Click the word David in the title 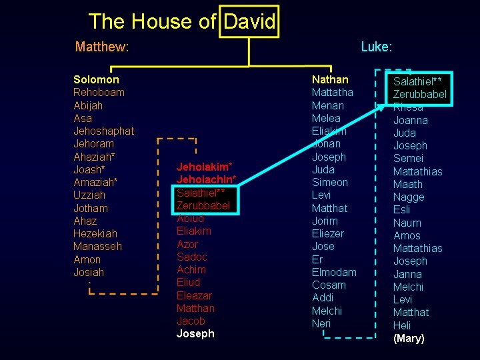click(x=250, y=22)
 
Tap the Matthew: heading click(x=102, y=47)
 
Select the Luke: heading click(x=376, y=47)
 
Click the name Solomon click(x=96, y=79)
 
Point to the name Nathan click(x=330, y=79)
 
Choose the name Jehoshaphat click(x=103, y=131)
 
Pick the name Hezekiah click(x=95, y=233)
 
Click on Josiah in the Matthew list click(x=89, y=272)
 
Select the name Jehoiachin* click(x=206, y=179)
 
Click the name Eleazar click(x=194, y=295)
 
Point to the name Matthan click(x=195, y=308)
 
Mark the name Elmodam click(x=334, y=272)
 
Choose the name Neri click(x=321, y=323)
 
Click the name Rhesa click(x=408, y=107)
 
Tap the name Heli click(x=402, y=325)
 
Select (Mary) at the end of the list click(x=409, y=339)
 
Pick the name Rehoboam click(x=99, y=92)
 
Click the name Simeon click(x=329, y=182)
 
